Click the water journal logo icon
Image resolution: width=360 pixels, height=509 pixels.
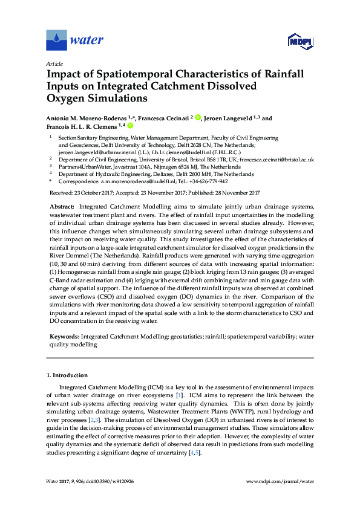point(56,41)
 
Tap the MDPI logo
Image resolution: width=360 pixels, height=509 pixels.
point(298,41)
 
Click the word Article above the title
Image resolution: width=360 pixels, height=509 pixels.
point(54,63)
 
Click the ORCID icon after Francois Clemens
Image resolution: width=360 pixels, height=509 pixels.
point(129,126)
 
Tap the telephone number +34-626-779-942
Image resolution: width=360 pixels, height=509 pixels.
point(208,181)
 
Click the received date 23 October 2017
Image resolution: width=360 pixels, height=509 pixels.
point(96,193)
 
